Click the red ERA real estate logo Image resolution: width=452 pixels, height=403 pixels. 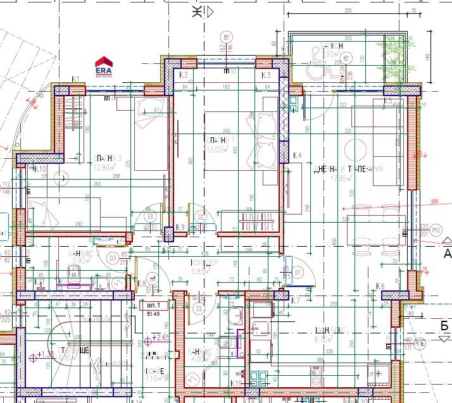pos(104,66)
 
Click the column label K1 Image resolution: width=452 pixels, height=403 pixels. pos(75,79)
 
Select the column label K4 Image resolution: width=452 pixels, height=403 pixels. pos(298,155)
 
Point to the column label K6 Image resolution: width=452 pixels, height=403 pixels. pos(380,287)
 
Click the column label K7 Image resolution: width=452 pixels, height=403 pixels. pos(295,299)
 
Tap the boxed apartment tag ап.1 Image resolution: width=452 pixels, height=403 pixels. pos(145,305)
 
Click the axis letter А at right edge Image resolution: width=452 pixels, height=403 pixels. pos(447,254)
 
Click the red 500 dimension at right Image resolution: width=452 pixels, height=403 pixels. pos(434,202)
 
